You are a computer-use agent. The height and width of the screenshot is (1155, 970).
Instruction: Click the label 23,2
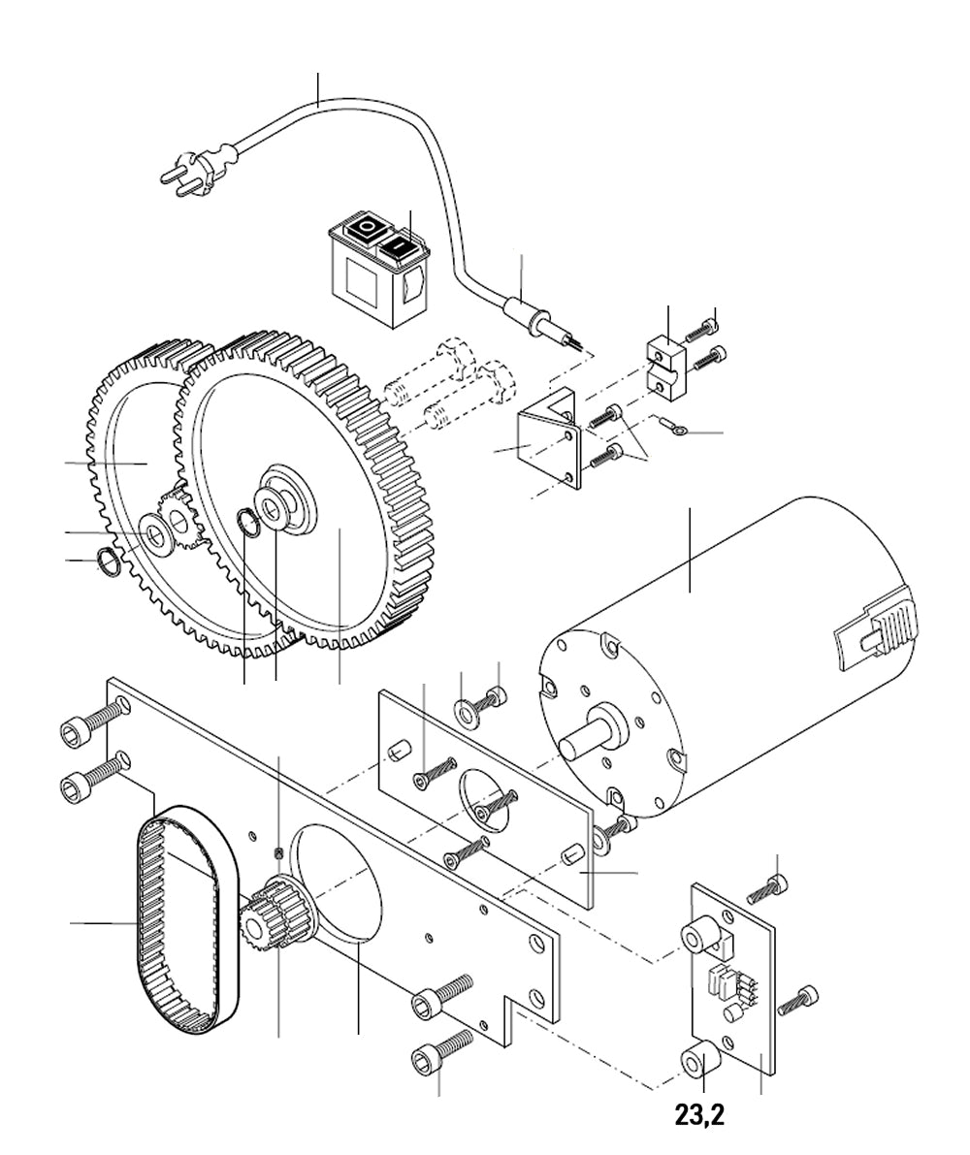pyautogui.click(x=699, y=1115)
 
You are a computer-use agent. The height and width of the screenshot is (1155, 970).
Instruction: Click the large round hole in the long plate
pyautogui.click(x=339, y=882)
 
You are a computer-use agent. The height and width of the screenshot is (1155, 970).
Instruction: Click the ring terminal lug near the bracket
pyautogui.click(x=668, y=425)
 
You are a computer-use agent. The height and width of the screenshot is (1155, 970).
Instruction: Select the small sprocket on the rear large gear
pyautogui.click(x=178, y=518)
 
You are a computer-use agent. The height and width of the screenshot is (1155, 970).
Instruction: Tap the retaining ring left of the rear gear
pyautogui.click(x=108, y=561)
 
